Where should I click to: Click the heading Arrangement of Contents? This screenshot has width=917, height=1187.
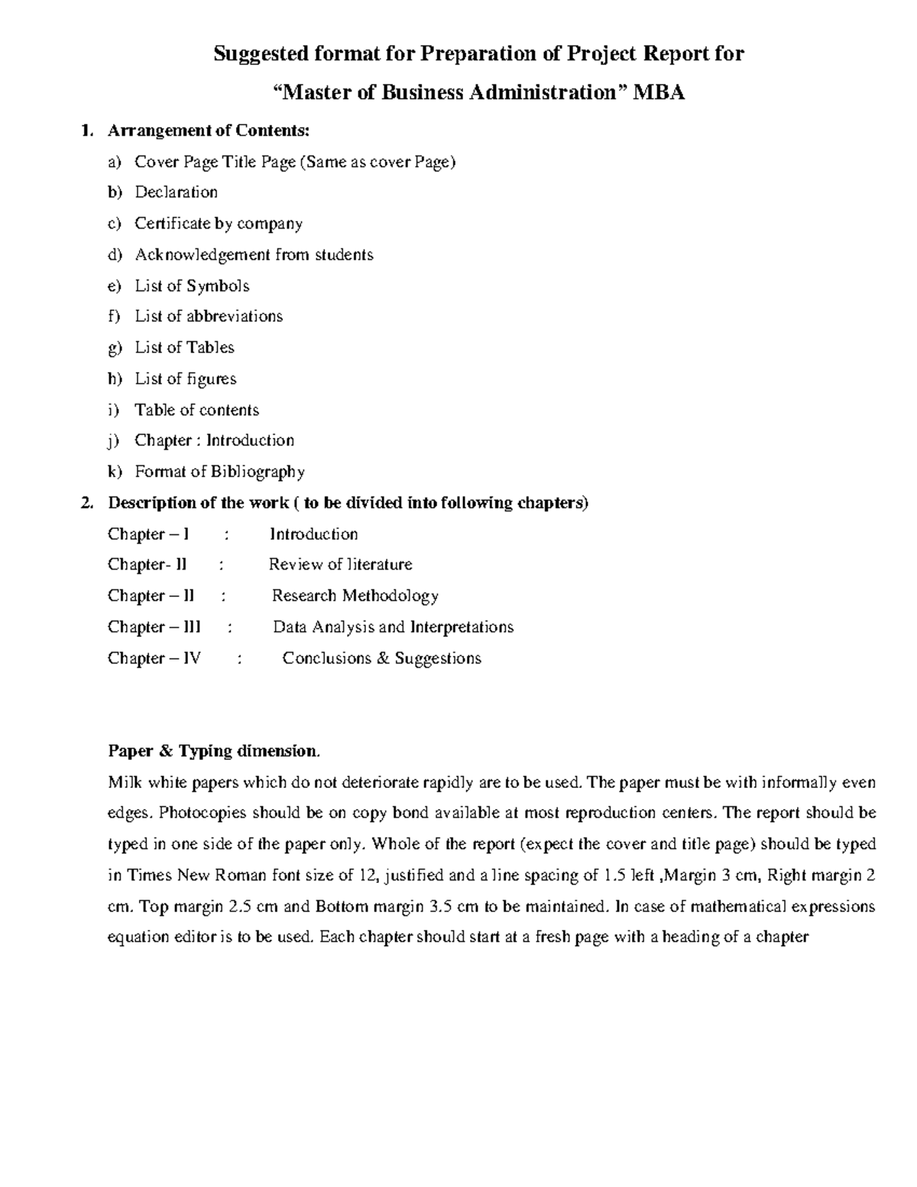[x=209, y=131]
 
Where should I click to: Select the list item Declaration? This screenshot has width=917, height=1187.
[x=177, y=193]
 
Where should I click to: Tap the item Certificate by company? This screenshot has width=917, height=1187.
[x=219, y=224]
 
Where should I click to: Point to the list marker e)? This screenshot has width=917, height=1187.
[x=115, y=286]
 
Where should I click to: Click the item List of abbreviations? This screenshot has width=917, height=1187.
[x=209, y=316]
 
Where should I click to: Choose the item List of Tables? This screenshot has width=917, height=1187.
[x=184, y=348]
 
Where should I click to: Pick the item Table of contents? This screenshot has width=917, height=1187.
[x=196, y=410]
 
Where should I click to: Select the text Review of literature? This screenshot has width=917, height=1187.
[x=340, y=565]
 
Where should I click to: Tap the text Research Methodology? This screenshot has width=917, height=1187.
[x=355, y=596]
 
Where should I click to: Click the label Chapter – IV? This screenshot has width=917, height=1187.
[x=154, y=658]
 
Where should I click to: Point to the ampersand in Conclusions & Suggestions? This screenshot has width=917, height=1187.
[x=383, y=658]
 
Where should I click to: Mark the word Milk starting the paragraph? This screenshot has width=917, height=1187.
[x=125, y=783]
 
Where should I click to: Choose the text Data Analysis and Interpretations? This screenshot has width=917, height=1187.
[x=393, y=628]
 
